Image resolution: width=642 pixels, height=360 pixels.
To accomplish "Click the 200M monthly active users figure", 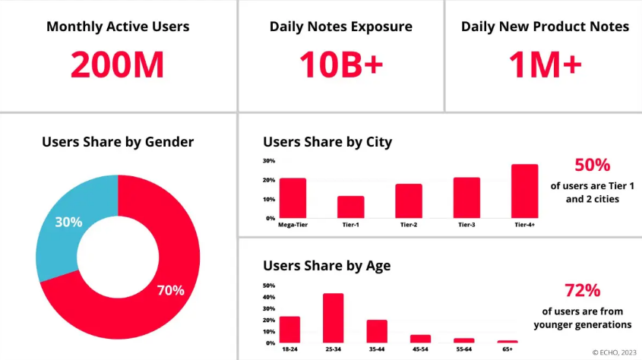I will pos(118,65).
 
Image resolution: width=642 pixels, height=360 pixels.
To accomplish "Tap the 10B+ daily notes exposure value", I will pos(340,65).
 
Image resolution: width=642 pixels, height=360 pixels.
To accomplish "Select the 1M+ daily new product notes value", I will pos(545,65).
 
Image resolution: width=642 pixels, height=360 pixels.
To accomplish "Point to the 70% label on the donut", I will pos(170,289).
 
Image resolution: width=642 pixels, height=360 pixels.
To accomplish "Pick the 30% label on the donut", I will pos(68,223).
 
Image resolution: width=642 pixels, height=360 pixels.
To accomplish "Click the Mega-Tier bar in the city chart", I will pos(293,198).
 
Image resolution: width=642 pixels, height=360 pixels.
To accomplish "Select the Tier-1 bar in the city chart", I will pos(350,207).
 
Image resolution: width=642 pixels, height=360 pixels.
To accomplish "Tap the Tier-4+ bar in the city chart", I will pos(524,191).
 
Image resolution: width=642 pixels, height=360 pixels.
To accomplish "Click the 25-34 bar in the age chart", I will pos(334,318).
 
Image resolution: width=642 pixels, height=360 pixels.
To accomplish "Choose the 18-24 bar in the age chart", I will pos(289,330).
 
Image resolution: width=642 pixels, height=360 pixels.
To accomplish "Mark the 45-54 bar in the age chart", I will pos(420,339).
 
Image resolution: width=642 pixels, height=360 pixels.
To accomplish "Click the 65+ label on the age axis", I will pos(508,349).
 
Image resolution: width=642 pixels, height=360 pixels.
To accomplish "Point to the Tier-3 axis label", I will pos(466,225).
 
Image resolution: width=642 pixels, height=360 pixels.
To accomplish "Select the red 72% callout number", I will pos(582,290).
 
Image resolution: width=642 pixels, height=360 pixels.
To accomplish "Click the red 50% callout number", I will pos(592,166).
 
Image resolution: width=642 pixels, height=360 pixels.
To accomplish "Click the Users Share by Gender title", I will pos(118,142).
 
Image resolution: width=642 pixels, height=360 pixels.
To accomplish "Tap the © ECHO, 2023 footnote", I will pos(615,352).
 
